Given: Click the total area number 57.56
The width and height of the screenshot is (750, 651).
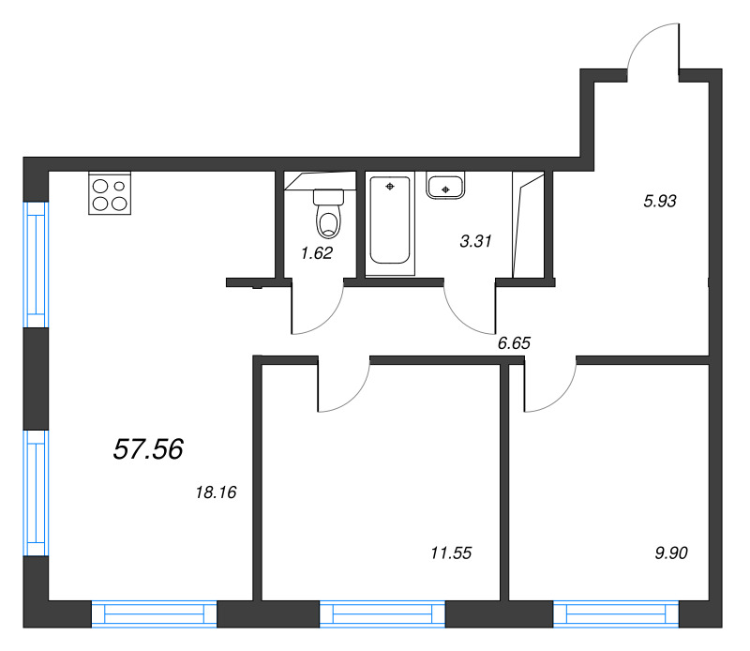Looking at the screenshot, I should click(147, 450).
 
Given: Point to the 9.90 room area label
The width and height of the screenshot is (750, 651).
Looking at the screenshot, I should click(669, 553).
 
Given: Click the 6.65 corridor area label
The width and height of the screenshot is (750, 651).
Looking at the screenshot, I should click(514, 343).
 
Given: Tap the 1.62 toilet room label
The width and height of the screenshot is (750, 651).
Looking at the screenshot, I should click(316, 252).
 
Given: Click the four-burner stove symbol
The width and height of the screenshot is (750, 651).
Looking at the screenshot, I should click(110, 192).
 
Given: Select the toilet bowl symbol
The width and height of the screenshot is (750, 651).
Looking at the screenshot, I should click(328, 215).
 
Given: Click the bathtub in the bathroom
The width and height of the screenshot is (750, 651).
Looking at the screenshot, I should click(389, 222).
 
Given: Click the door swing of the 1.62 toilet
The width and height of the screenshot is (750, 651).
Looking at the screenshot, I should click(319, 310).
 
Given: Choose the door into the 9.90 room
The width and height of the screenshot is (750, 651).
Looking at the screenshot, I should click(549, 386).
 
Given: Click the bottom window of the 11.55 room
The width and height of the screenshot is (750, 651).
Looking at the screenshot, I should click(382, 614).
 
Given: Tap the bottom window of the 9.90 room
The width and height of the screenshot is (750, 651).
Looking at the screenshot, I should click(615, 614).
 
